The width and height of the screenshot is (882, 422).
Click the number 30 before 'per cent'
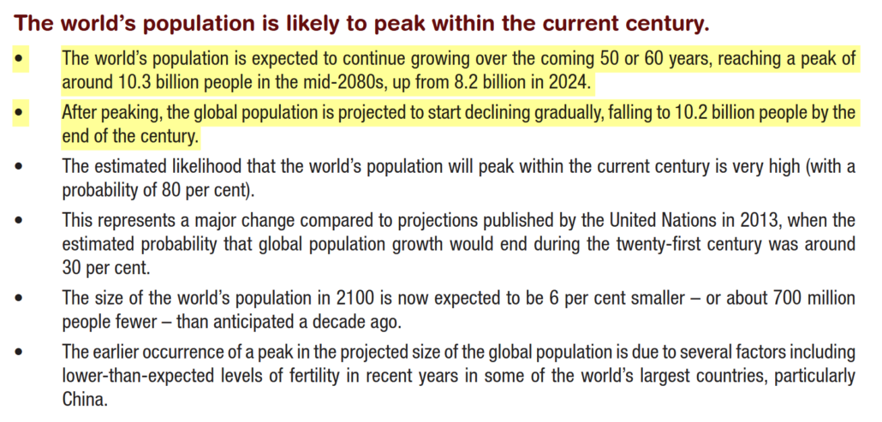coord(73,266)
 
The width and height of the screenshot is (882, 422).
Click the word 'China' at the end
coord(83,399)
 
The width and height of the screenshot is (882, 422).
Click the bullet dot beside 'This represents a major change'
coord(21,220)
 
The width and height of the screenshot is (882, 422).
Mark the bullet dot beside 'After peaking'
coord(21,112)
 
